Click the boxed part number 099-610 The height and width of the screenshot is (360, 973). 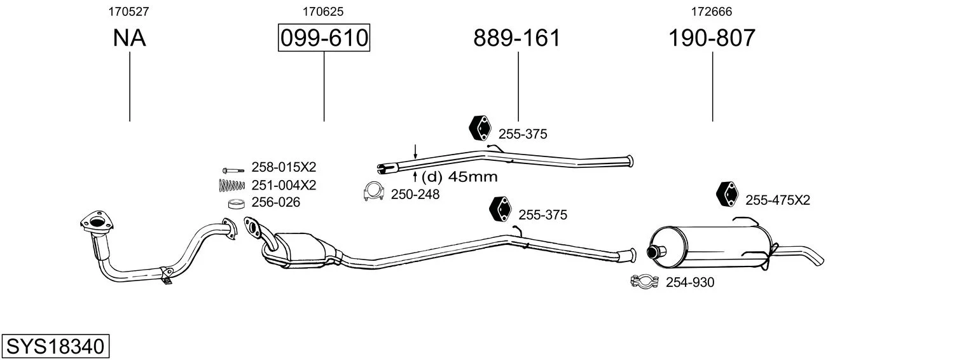(324, 38)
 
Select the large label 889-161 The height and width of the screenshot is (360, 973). (517, 38)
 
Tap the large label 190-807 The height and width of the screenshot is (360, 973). (712, 38)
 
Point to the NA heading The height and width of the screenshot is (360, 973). (130, 38)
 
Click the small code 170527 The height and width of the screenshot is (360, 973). (128, 11)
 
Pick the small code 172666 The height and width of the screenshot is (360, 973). (712, 11)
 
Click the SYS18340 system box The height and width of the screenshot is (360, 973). (55, 346)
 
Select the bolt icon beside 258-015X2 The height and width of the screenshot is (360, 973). (233, 170)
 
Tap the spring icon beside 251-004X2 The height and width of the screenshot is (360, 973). (232, 186)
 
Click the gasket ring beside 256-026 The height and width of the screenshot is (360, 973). (237, 203)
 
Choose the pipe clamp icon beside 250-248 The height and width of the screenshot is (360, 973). (373, 191)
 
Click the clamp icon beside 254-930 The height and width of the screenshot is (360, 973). (645, 281)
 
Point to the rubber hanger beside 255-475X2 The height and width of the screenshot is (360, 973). (728, 194)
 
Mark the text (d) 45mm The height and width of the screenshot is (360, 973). (460, 177)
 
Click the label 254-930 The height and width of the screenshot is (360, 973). (690, 282)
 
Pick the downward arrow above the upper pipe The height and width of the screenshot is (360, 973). (415, 151)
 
